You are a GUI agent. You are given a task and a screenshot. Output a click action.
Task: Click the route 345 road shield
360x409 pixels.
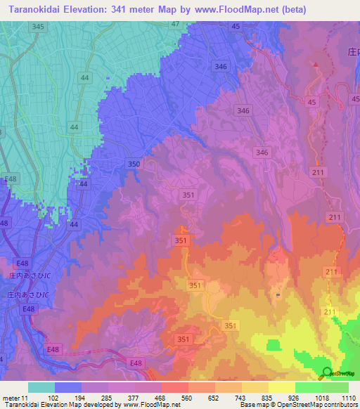[x=38, y=26]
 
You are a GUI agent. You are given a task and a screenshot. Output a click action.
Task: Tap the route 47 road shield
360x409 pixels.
[x=175, y=24]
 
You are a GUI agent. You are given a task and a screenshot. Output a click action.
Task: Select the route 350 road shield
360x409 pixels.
[x=134, y=164]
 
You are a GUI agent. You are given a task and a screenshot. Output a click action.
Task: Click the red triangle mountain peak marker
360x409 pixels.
[x=316, y=65]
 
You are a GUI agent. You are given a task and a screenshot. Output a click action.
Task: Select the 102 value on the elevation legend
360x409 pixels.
[x=52, y=398]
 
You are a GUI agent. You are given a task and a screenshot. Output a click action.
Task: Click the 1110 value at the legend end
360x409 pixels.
[x=348, y=398]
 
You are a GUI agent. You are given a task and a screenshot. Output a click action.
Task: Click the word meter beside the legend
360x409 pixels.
[x=12, y=398]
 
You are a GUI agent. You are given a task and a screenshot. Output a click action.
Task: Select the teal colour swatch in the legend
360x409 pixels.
[x=41, y=387]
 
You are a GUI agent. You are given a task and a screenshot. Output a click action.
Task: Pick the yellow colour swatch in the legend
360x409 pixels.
[x=281, y=387]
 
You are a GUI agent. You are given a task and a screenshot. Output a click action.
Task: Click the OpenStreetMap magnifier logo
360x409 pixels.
[x=326, y=373]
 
